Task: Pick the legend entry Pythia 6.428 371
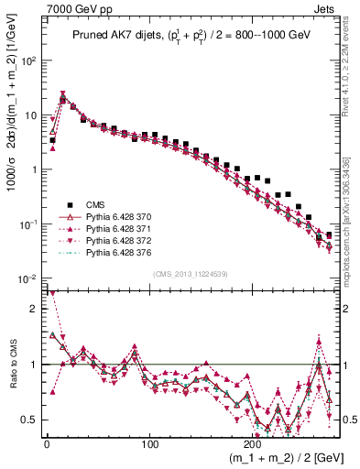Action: (104, 229)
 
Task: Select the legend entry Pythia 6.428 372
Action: (104, 241)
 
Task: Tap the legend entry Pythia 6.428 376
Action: (104, 253)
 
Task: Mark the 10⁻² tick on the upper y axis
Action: (27, 278)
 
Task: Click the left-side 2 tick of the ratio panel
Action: (32, 309)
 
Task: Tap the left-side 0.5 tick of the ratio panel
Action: (28, 420)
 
